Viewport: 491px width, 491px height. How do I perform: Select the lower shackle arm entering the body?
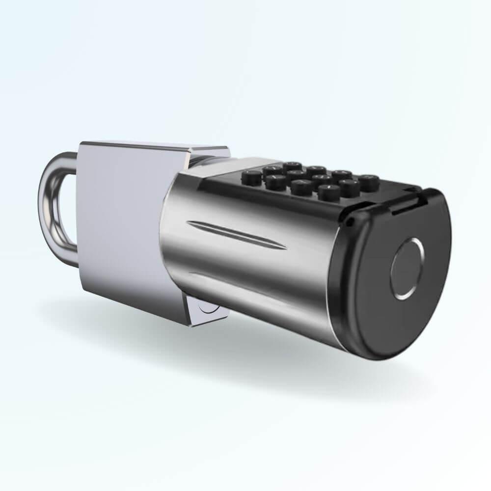click(69, 258)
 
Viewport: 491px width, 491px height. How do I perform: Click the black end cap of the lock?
click(393, 295)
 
